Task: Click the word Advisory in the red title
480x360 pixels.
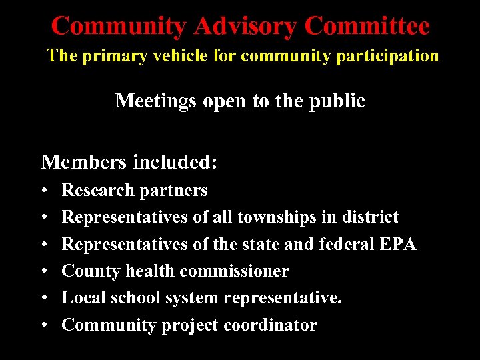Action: click(x=244, y=27)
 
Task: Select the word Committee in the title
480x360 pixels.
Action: click(x=367, y=27)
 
